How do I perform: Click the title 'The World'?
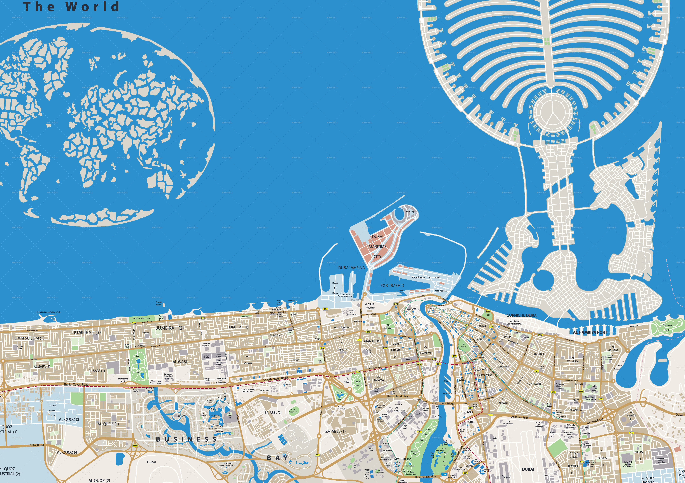(71, 7)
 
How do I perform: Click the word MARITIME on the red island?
(377, 247)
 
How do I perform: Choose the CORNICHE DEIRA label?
(521, 315)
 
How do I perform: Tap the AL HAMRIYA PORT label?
(590, 332)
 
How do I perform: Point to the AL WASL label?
(180, 362)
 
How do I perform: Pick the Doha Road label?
(36, 445)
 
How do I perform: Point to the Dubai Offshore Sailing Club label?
(48, 312)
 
